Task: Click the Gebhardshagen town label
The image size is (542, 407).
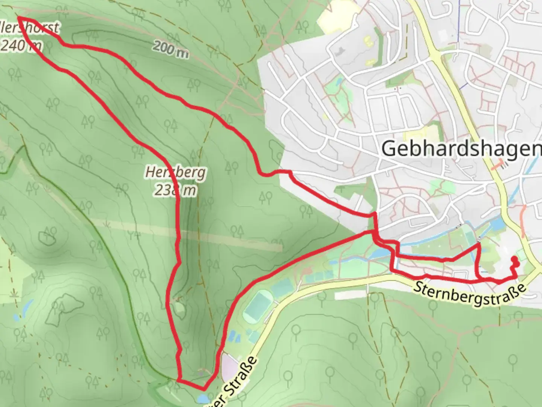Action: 461,148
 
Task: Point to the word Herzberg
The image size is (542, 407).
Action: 176,173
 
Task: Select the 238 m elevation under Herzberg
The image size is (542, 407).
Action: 175,190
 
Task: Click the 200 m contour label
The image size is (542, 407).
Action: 171,49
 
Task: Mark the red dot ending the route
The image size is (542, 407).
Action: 514,259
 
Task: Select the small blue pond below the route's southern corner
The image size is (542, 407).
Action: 202,399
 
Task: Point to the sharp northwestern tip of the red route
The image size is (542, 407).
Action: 19,18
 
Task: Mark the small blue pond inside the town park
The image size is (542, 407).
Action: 338,81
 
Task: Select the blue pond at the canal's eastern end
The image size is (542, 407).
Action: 498,225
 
